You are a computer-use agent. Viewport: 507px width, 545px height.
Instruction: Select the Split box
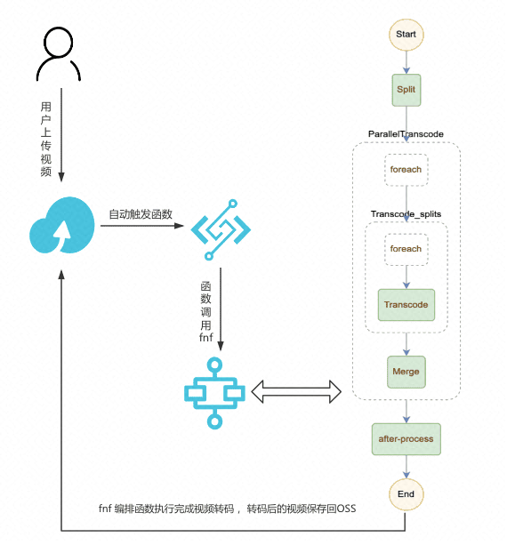pos(406,89)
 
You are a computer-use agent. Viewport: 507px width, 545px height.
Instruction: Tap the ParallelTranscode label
pos(406,133)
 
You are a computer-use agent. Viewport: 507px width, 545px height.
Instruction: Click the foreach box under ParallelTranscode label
pos(406,169)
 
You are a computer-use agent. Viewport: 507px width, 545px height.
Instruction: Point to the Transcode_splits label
pos(406,214)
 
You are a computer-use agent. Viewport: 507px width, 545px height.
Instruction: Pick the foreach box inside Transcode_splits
pos(406,249)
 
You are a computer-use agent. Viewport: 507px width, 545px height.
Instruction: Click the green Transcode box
pos(406,305)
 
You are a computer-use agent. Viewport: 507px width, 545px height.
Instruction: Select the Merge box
pos(406,371)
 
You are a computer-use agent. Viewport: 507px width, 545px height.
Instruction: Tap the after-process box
pos(406,438)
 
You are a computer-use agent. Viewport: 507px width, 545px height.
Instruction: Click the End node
pos(406,493)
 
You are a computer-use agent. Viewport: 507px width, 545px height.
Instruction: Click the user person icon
pos(57,55)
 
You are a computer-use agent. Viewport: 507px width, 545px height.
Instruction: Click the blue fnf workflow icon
pos(214,390)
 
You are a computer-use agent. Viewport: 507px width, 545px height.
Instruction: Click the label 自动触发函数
pos(141,215)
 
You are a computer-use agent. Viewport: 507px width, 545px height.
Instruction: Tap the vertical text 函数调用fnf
pos(205,311)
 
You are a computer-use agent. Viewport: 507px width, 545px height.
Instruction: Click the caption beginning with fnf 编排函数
pos(227,509)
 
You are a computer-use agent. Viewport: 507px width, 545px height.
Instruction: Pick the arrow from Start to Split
pos(406,62)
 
